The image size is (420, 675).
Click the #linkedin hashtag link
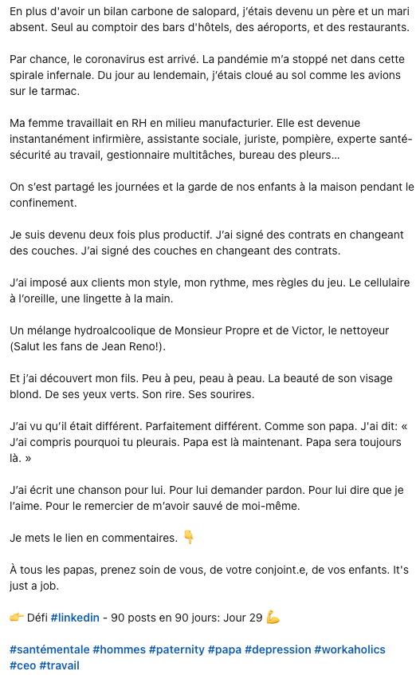click(75, 618)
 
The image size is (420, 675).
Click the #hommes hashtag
click(118, 649)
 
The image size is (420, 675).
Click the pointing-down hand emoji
click(189, 538)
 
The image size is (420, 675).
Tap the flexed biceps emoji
click(273, 618)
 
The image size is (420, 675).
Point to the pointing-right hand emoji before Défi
click(17, 618)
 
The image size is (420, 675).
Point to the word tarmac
click(59, 92)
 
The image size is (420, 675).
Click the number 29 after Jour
click(256, 618)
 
